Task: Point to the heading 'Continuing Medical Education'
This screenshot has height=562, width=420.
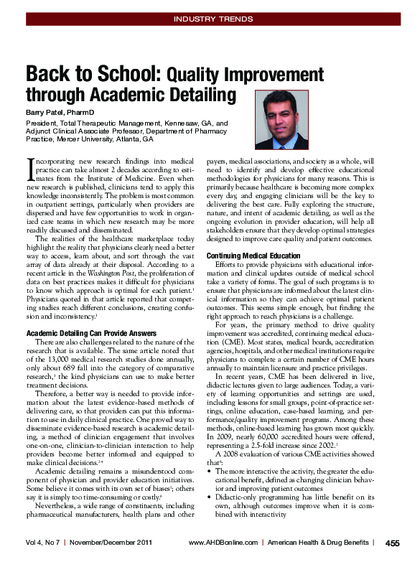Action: (253, 256)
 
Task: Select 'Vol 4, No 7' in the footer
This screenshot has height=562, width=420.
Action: (43, 543)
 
